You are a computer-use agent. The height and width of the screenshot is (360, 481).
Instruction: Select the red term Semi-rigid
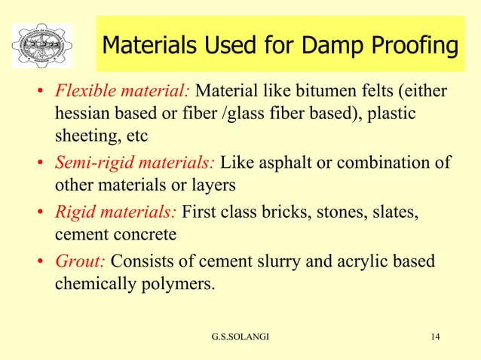tap(94, 163)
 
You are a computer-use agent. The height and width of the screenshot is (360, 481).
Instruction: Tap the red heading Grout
tap(79, 261)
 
